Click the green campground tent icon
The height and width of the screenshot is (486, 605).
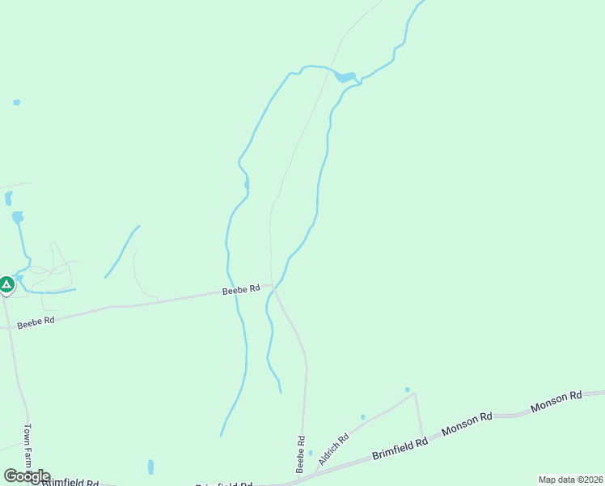tap(6, 285)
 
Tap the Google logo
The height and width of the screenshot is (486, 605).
tap(27, 476)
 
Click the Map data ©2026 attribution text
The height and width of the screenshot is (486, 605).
tap(569, 480)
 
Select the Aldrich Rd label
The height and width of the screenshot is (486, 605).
tap(333, 450)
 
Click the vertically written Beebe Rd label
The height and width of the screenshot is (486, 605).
tap(300, 454)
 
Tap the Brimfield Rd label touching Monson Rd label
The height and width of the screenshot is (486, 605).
tap(400, 449)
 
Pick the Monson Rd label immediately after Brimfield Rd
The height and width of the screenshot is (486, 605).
tap(467, 425)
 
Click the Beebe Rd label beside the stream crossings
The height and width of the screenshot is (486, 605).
tap(242, 289)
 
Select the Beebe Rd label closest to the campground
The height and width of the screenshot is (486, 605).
tap(36, 322)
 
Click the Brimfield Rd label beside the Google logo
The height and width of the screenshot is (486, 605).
tap(70, 483)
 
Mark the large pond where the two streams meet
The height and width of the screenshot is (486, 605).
tap(345, 78)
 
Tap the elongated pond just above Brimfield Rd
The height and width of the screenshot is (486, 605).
tap(150, 467)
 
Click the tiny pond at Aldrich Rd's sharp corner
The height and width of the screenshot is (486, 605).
tap(408, 390)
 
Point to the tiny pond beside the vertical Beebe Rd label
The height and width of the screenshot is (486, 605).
tap(310, 452)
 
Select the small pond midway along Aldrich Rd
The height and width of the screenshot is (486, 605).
tap(362, 417)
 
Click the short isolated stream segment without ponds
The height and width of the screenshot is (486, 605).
tap(121, 251)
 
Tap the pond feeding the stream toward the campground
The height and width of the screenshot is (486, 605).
tap(17, 217)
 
